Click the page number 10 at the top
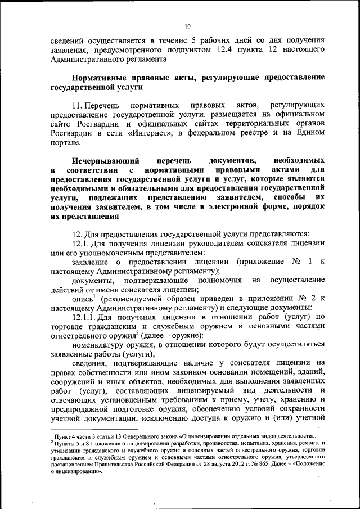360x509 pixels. pyautogui.click(x=187, y=25)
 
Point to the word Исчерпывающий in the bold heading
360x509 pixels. pyautogui.click(x=101, y=161)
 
